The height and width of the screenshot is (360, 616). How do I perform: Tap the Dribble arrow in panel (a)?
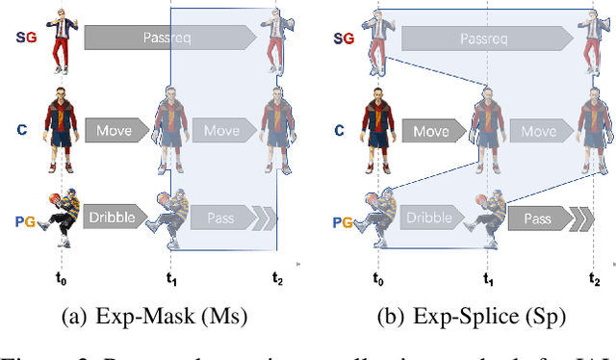tap(113, 218)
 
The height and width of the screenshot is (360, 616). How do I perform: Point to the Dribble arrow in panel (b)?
tap(429, 218)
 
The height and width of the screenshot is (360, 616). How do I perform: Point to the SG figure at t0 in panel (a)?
tap(63, 38)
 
